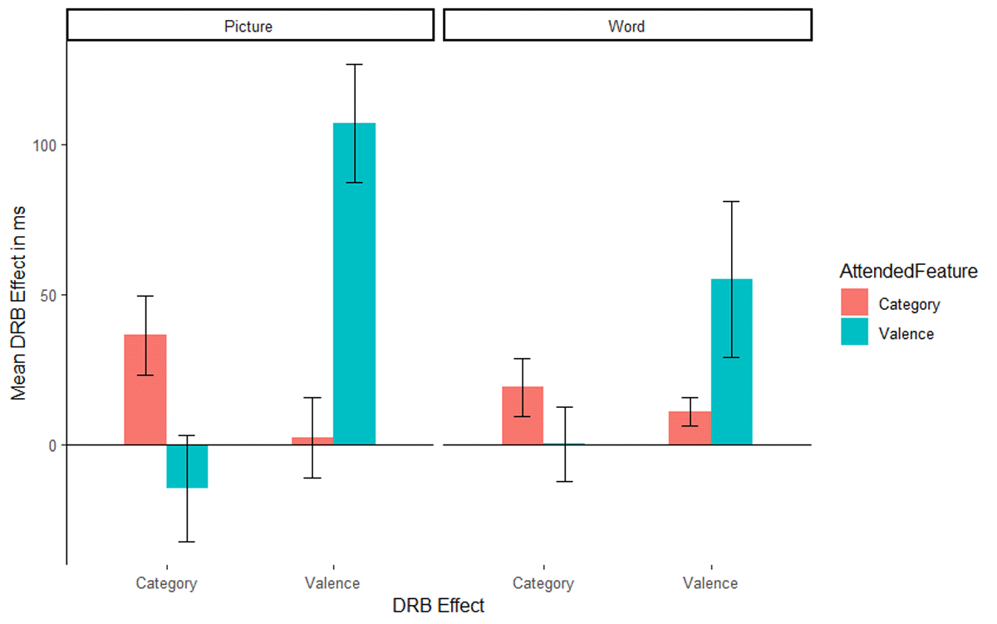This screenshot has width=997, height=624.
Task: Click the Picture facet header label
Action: tap(248, 26)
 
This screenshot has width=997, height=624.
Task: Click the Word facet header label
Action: tap(626, 26)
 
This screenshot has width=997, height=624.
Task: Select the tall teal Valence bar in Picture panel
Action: tap(354, 283)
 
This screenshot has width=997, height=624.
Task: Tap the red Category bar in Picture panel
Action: tap(145, 390)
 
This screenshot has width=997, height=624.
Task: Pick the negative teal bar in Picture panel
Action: tap(187, 466)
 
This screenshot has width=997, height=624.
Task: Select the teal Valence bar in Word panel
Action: tap(731, 361)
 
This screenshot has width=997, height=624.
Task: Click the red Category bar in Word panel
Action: tap(523, 415)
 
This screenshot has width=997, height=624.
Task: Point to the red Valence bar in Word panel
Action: tap(690, 428)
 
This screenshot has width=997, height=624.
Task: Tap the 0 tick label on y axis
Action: tap(52, 445)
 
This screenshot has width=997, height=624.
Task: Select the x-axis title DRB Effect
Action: tap(438, 606)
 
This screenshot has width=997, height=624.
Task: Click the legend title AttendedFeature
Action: tap(908, 271)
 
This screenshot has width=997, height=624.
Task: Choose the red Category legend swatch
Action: tap(853, 303)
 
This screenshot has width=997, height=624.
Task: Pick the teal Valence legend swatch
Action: tap(853, 333)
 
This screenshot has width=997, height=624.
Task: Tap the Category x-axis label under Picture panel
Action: tap(166, 583)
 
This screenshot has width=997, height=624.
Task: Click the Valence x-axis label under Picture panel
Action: tap(333, 583)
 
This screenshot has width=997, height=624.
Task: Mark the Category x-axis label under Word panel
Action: tap(543, 583)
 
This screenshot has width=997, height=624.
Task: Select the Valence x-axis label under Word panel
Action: tap(710, 583)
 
